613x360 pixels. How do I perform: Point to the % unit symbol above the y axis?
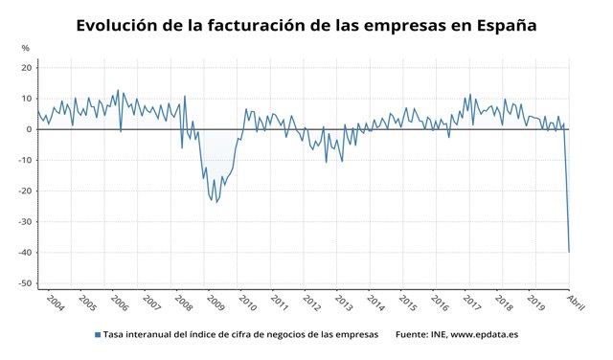(25, 48)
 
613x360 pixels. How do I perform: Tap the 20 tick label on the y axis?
(28, 68)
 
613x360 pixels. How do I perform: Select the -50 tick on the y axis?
(26, 283)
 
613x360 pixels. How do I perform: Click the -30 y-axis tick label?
(26, 222)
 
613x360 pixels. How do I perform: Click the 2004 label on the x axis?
(55, 304)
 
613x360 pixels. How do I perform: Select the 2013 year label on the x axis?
(343, 304)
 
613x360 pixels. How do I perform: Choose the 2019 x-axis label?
(535, 304)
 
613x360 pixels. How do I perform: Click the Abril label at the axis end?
(576, 304)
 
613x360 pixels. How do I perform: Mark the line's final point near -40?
(570, 252)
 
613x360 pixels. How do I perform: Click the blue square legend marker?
(97, 334)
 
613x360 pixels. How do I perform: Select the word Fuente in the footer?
(414, 334)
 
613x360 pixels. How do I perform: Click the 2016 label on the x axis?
(439, 304)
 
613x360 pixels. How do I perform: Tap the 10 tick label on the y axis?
(28, 99)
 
